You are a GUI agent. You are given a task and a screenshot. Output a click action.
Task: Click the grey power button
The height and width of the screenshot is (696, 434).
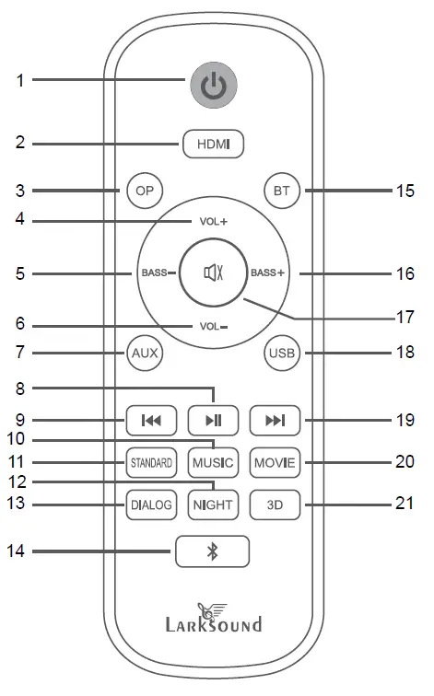coord(214,85)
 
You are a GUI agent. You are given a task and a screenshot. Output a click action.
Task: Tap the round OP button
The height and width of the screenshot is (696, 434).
coord(145,191)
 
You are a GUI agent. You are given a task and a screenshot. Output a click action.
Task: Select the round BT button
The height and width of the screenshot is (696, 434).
coord(282,191)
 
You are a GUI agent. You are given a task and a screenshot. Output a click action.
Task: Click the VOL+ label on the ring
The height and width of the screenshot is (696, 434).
coord(213,221)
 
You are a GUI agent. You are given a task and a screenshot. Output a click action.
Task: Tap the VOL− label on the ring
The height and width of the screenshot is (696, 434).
coord(214,327)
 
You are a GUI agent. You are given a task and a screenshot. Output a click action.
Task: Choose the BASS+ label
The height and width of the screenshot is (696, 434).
coord(267,273)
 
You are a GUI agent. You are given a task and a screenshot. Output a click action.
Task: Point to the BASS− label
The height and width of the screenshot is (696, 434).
coord(158,273)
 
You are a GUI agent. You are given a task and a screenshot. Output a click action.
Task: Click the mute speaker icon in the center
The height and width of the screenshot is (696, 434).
coord(213,273)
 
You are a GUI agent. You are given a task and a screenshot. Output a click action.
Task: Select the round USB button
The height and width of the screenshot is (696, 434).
coord(282,354)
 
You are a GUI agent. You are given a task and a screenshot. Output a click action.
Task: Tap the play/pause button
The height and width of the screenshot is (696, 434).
coord(213,421)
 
